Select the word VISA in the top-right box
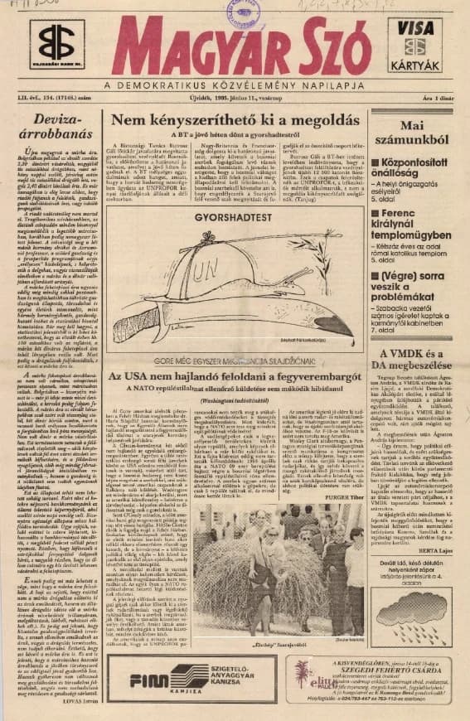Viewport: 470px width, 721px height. pos(415,27)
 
